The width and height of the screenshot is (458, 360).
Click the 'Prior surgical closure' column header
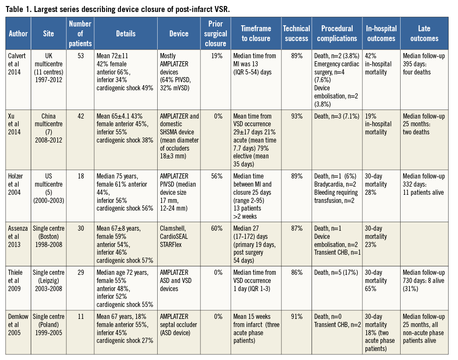(x=216, y=33)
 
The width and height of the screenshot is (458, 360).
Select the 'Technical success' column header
(x=296, y=33)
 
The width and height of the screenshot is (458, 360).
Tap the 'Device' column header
(x=179, y=33)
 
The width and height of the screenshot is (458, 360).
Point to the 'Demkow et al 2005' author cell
(x=18, y=324)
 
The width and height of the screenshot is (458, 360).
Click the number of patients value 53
(x=80, y=56)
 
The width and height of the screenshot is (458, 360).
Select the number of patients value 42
(x=80, y=116)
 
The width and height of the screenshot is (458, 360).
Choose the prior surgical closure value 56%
(x=217, y=176)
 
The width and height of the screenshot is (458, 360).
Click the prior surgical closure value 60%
(x=217, y=228)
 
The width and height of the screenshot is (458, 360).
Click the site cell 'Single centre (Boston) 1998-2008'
(x=48, y=236)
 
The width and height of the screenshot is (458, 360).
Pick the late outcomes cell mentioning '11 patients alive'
(x=424, y=184)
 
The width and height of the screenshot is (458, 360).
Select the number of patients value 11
(x=80, y=316)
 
